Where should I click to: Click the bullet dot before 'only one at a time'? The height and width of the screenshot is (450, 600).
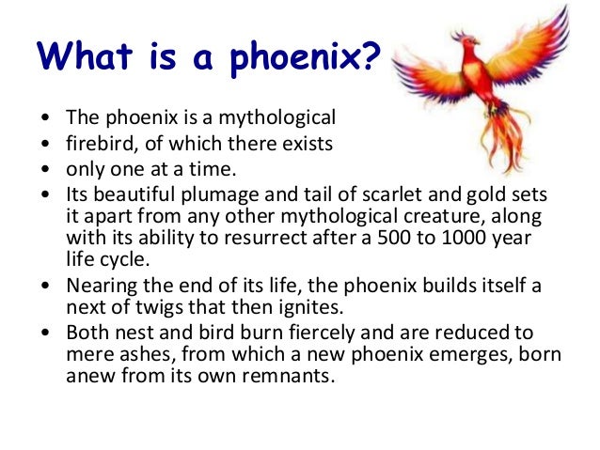47,168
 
